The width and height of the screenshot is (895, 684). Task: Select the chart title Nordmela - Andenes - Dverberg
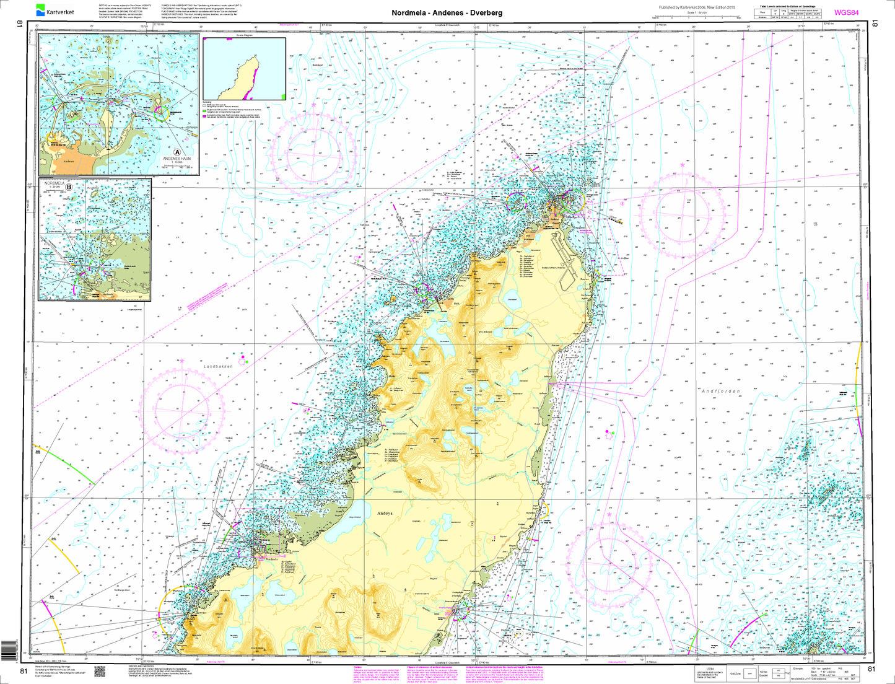tap(447, 12)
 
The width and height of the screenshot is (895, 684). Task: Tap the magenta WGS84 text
tap(847, 12)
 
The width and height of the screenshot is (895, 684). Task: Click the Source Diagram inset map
tap(244, 69)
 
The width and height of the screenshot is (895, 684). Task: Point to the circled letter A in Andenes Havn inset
tap(177, 151)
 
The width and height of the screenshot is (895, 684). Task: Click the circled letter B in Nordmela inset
tap(69, 185)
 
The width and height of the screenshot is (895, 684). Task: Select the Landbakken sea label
tap(217, 367)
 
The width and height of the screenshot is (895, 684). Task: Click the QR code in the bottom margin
tap(98, 671)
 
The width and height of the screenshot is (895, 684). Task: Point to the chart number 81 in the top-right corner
tap(874, 24)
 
